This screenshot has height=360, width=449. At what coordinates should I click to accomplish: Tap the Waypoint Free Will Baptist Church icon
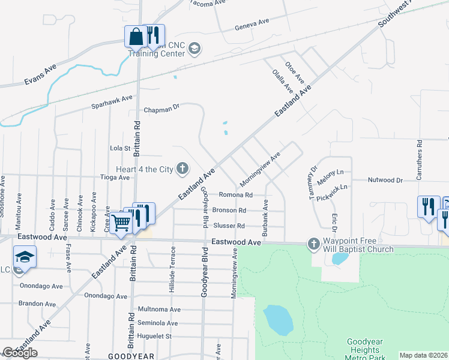pos(313,243)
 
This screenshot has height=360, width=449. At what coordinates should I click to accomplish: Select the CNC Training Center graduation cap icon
pos(194,47)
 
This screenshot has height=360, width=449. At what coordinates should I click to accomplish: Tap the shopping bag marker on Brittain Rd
pos(136,37)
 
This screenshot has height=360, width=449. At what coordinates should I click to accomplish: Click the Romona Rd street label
pos(235,195)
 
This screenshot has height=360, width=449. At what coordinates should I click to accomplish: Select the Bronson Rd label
pos(229,211)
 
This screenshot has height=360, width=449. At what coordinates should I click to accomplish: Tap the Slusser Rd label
pos(229,226)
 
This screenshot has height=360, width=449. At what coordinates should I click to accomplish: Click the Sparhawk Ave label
pos(111,101)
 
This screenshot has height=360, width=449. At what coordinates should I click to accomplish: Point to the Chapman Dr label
pos(162,110)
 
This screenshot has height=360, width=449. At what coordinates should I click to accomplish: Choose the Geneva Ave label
pos(252,23)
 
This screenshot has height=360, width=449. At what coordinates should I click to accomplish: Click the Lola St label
pos(120,148)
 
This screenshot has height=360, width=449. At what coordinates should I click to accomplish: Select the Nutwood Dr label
pos(385,180)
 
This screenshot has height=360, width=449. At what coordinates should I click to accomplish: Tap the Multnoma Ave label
pos(159,310)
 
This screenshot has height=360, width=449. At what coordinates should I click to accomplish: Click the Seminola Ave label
pos(158,323)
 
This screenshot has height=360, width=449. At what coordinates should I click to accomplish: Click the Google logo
pos(20,352)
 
